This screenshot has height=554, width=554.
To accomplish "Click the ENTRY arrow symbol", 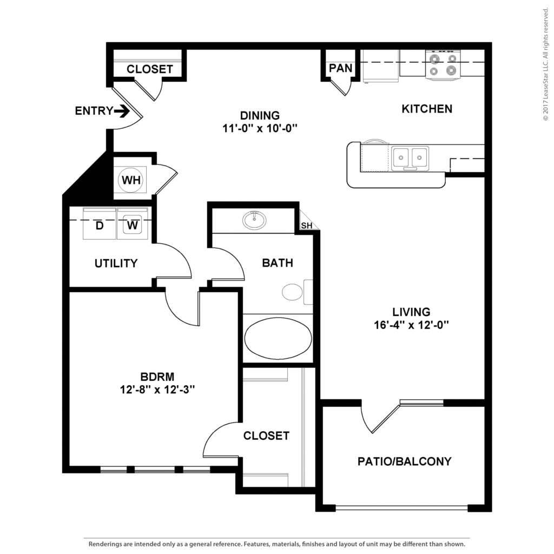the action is click(x=122, y=111).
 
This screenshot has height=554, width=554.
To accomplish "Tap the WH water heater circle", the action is click(x=131, y=180).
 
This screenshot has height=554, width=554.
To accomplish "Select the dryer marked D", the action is click(x=100, y=223).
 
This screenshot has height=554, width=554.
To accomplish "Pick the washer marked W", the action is click(x=133, y=223).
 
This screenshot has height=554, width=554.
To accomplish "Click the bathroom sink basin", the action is click(x=254, y=220).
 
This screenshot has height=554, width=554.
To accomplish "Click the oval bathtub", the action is click(x=278, y=338).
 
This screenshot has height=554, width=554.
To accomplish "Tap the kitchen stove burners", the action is click(x=443, y=65).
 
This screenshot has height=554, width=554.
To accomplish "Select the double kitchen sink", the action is click(x=410, y=158).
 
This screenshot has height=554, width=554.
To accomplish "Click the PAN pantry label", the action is click(x=341, y=68).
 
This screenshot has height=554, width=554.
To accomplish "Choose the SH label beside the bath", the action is click(x=307, y=226).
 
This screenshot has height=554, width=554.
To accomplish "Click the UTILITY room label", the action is click(x=116, y=263).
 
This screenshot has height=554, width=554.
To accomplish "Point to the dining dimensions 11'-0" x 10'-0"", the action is click(x=260, y=128).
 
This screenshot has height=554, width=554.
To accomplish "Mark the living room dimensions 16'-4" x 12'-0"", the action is click(x=411, y=325).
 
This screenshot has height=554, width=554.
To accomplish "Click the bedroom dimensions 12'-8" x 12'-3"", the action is click(x=157, y=390).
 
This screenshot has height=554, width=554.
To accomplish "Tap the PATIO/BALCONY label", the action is click(x=405, y=461).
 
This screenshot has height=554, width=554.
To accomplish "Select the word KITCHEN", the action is click(x=427, y=109).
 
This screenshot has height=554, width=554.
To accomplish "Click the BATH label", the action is click(x=278, y=263).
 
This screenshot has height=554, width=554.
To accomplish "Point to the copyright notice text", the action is click(x=545, y=64).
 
